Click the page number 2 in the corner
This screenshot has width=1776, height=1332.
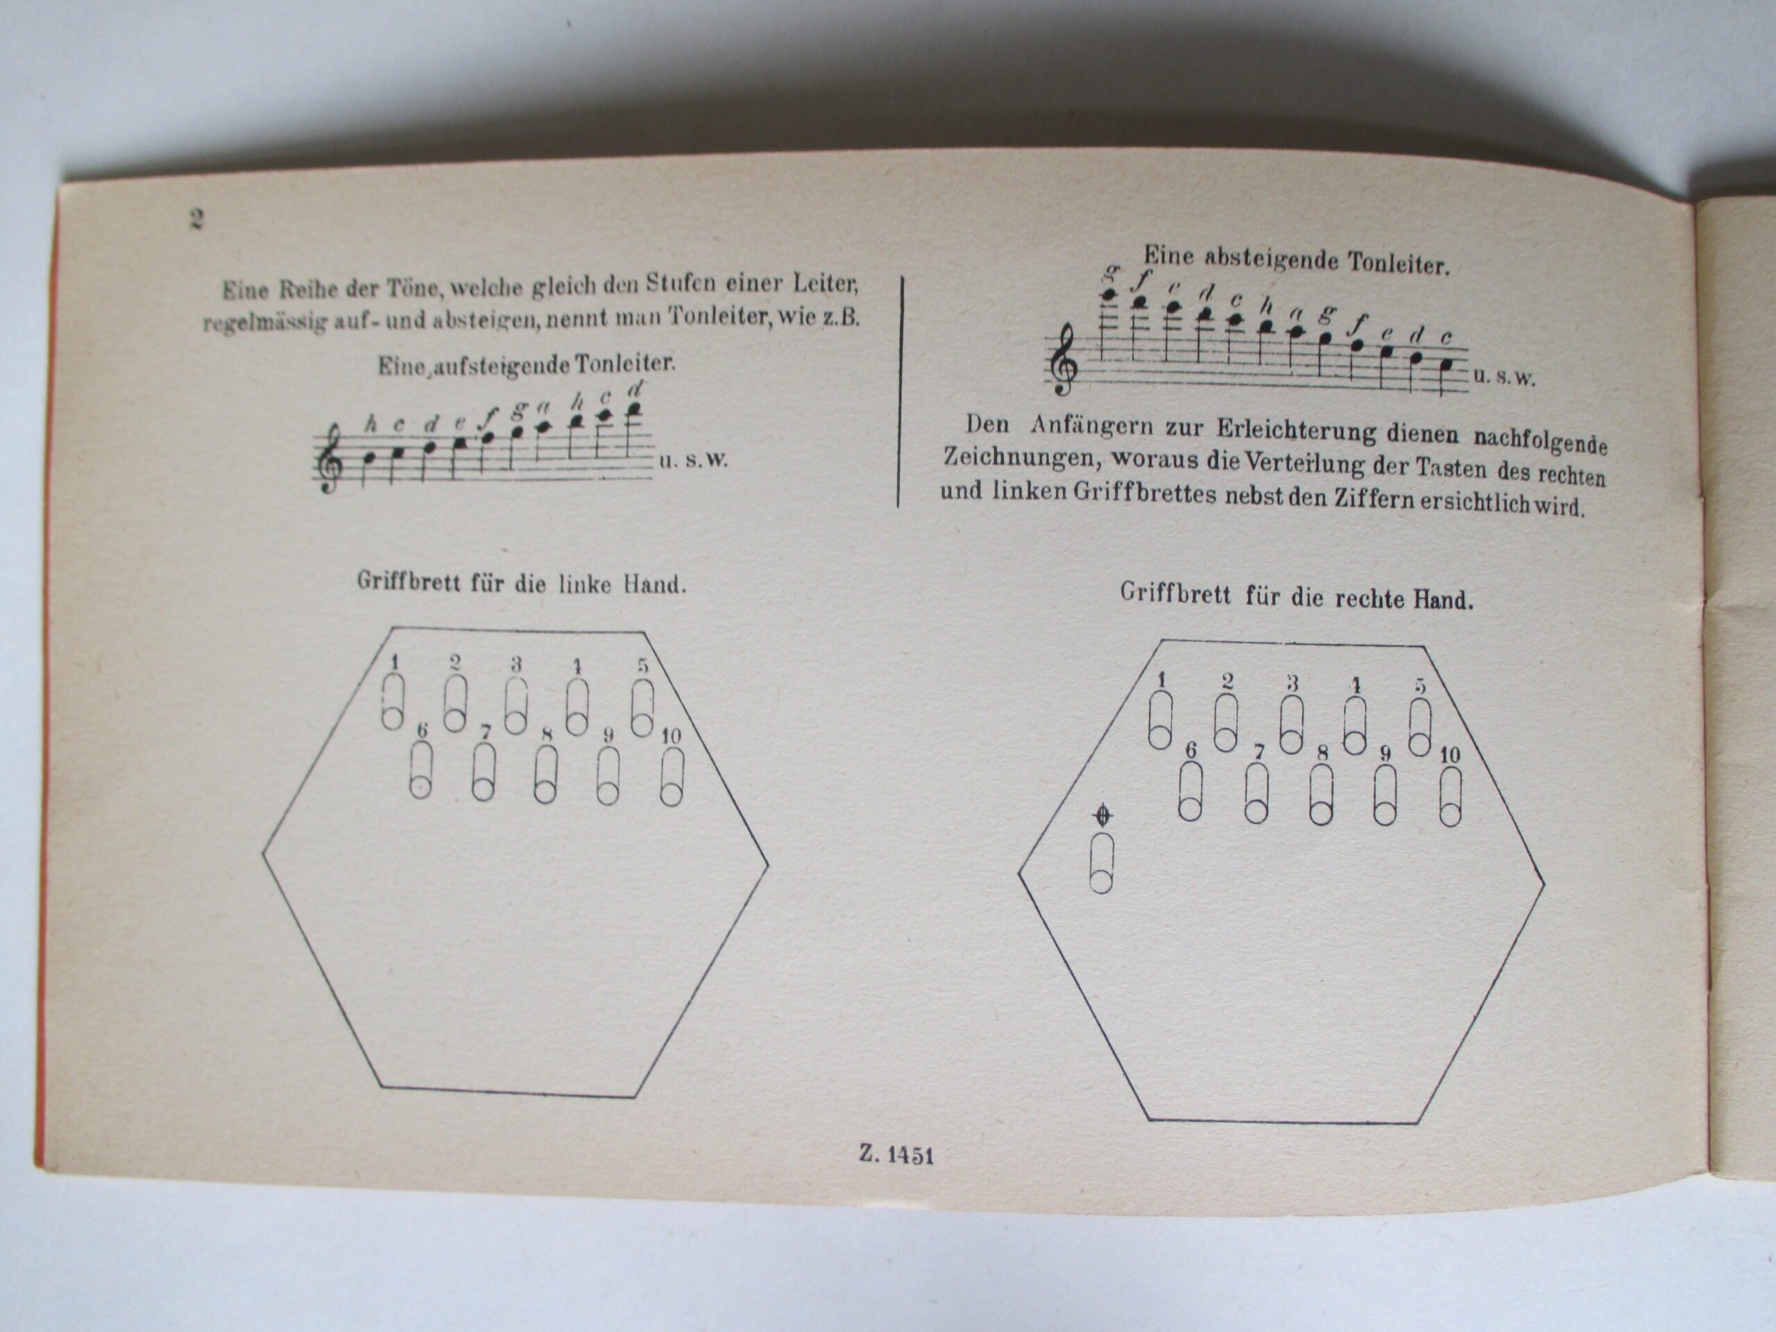[x=196, y=219]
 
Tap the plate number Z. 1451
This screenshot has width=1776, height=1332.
[x=896, y=1154]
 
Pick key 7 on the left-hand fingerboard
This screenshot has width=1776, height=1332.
[x=484, y=772]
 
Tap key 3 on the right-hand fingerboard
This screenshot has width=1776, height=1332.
[x=1290, y=724]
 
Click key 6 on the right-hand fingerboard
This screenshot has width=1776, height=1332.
[x=1190, y=791]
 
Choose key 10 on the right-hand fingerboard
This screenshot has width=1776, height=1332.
[x=1449, y=796]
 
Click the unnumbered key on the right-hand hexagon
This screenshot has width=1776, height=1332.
[x=1102, y=862]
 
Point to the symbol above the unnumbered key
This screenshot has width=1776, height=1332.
[x=1103, y=817]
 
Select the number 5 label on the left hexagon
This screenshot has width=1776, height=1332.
[x=643, y=665]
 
